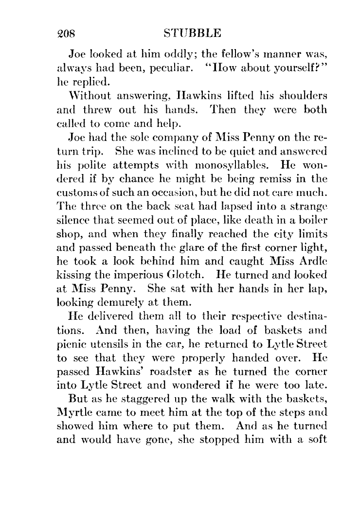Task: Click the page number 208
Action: (x=65, y=33)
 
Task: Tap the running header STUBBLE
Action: (x=193, y=33)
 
